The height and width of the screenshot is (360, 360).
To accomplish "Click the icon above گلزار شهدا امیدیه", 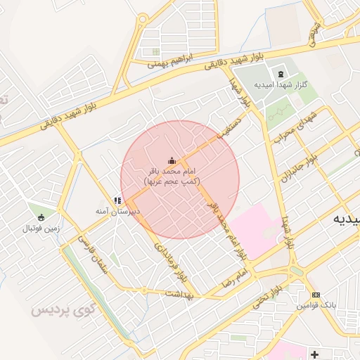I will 281,74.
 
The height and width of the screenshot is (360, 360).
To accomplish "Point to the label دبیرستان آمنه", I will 118,211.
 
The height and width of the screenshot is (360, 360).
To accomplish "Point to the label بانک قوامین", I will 315,305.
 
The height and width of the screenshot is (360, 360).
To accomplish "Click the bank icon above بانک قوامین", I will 316,295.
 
